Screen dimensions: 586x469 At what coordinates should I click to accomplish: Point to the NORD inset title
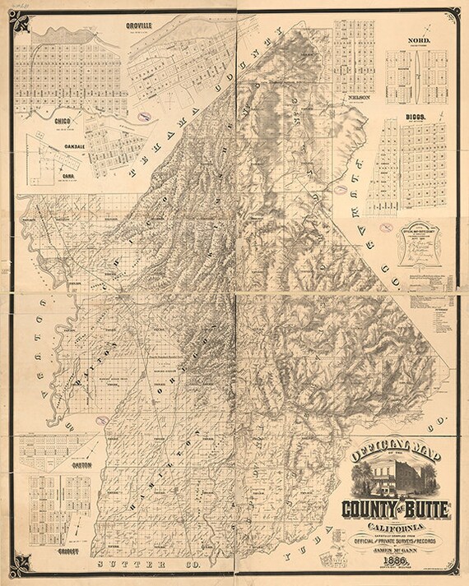point(418,39)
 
